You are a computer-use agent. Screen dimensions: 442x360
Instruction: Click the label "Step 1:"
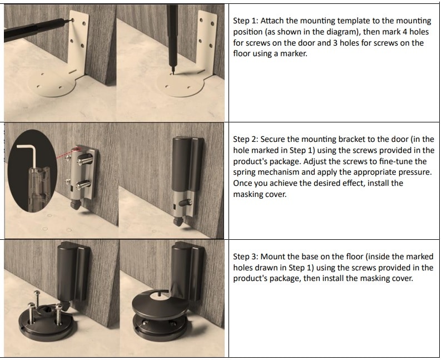click(x=245, y=21)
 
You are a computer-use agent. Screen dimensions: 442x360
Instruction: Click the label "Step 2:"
click(x=245, y=139)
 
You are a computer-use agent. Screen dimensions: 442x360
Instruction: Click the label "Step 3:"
click(x=245, y=257)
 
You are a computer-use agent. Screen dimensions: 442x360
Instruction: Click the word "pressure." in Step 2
click(x=413, y=172)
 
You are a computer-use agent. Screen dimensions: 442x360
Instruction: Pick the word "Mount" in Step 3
click(x=272, y=257)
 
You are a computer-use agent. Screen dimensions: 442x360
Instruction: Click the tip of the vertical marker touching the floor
click(x=173, y=73)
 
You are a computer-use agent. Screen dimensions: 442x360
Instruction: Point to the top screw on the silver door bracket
click(x=85, y=159)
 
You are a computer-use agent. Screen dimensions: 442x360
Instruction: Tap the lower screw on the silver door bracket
click(x=84, y=184)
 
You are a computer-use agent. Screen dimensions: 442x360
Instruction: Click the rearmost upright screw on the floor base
click(x=37, y=298)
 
